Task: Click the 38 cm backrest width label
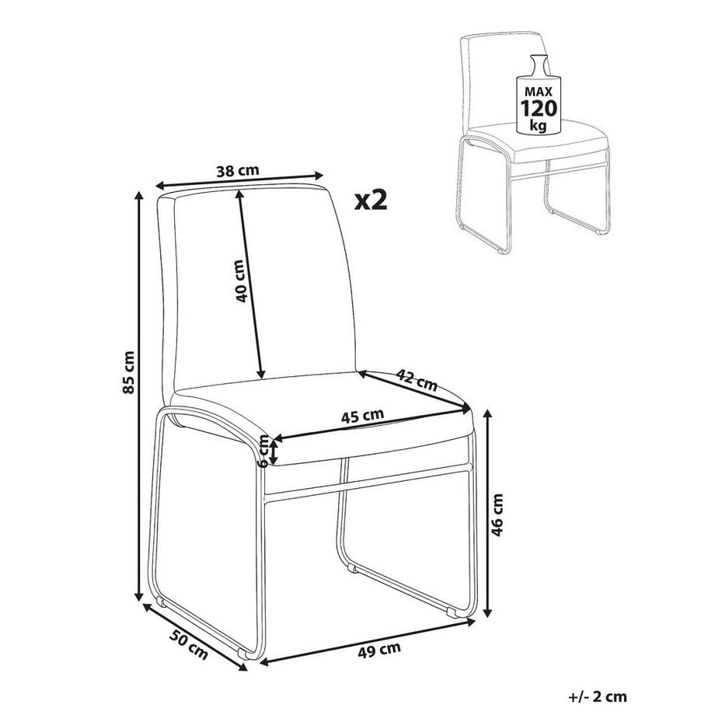238,171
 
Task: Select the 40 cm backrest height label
240,281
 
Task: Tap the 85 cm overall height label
129,372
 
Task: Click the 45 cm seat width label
362,416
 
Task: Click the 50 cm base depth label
189,643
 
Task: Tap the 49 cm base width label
379,650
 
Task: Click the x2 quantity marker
371,200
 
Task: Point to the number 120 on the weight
539,109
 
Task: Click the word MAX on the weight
539,91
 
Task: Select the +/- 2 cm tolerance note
598,696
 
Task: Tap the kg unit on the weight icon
539,125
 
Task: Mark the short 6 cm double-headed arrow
274,451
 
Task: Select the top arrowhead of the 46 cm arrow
488,414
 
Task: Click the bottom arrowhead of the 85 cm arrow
139,597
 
